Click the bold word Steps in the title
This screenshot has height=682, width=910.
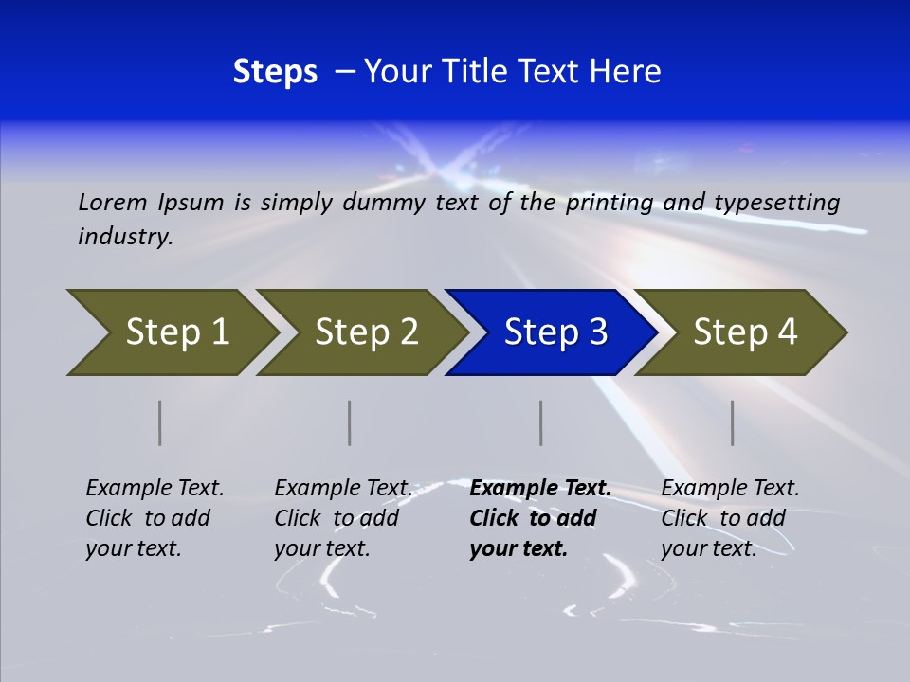coord(275,72)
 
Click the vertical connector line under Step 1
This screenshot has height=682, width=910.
coord(160,422)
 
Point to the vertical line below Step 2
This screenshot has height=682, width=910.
coord(350,422)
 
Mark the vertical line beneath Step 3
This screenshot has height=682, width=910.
coord(541,422)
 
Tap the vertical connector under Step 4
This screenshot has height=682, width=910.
coord(733,422)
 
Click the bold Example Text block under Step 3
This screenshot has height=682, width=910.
coord(539,518)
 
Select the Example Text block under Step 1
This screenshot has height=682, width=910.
coord(155,518)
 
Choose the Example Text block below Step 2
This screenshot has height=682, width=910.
coord(343,518)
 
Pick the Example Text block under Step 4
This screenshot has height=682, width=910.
coord(730,518)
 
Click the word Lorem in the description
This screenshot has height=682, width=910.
coord(113,203)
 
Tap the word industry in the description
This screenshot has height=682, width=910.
coord(125,237)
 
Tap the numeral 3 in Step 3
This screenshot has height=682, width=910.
coord(597,332)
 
